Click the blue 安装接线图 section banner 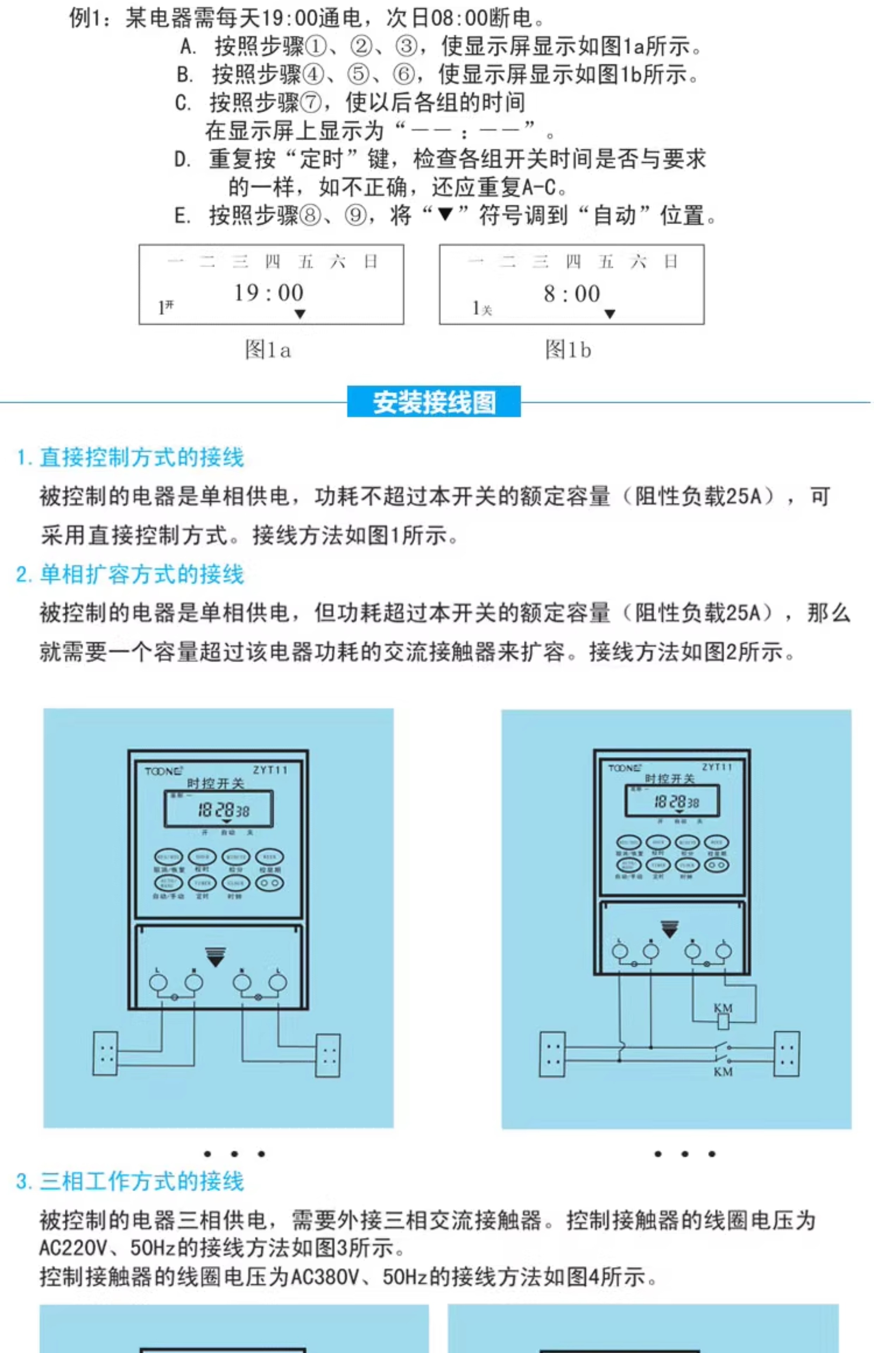point(433,402)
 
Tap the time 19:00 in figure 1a point(269,293)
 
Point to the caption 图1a point(268,350)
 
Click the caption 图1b point(568,350)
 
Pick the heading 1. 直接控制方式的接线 point(130,457)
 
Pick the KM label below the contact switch point(723,1071)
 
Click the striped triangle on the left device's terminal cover point(216,957)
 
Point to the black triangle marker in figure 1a point(300,314)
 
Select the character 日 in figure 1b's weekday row point(671,261)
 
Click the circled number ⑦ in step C point(311,103)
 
